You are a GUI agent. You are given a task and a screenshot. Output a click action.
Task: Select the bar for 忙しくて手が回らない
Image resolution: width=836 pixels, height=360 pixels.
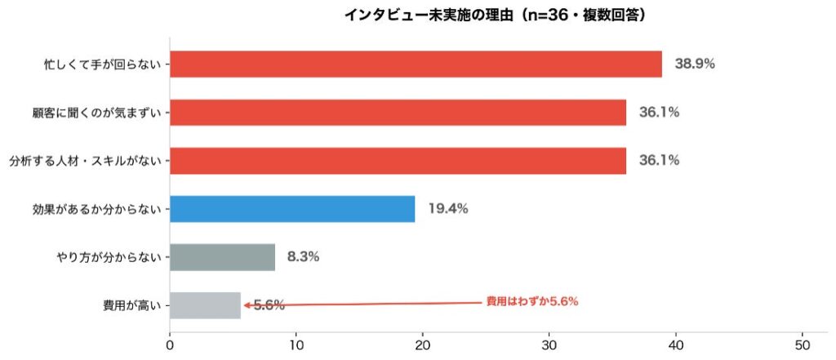pyautogui.click(x=416, y=64)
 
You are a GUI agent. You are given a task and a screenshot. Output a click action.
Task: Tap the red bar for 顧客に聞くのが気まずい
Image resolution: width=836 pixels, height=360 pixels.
pyautogui.click(x=398, y=112)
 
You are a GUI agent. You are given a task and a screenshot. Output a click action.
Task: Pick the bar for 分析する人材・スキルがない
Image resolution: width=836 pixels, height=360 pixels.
pyautogui.click(x=398, y=160)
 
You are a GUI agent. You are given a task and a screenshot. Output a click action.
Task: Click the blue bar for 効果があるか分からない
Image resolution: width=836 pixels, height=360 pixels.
pyautogui.click(x=292, y=209)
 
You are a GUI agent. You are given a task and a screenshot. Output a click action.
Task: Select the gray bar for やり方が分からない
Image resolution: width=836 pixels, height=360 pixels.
pyautogui.click(x=222, y=257)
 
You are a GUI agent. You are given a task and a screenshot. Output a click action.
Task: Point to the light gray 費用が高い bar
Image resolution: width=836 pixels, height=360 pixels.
pyautogui.click(x=205, y=305)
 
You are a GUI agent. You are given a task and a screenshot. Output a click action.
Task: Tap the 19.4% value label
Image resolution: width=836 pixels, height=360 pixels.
pyautogui.click(x=447, y=209)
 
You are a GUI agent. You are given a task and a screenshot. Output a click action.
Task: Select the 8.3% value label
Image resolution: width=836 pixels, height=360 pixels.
pyautogui.click(x=303, y=257)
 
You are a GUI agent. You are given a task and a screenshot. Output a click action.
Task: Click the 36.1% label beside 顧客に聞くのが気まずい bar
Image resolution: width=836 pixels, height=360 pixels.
pyautogui.click(x=659, y=112)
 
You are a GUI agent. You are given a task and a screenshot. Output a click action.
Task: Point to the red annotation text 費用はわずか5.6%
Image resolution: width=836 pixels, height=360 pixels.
pyautogui.click(x=531, y=302)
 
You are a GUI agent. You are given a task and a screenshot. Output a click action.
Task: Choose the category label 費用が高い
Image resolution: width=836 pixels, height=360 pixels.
pyautogui.click(x=134, y=306)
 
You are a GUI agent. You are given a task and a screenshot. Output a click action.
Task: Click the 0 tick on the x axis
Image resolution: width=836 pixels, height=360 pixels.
pyautogui.click(x=170, y=345)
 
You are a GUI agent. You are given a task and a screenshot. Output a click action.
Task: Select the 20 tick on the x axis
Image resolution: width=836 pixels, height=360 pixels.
pyautogui.click(x=423, y=345)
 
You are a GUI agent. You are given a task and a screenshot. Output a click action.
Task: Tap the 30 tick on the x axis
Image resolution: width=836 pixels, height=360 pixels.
pyautogui.click(x=549, y=345)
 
